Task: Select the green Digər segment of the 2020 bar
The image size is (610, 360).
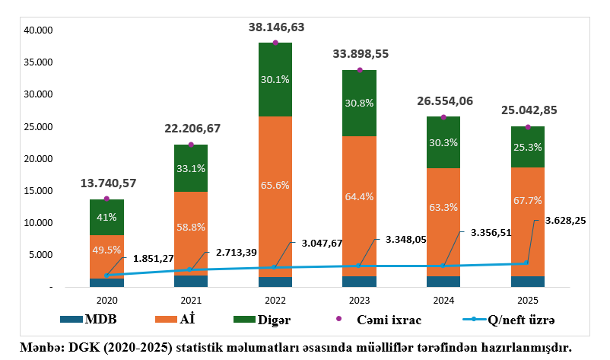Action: click(x=106, y=217)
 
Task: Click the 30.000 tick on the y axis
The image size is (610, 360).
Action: click(x=37, y=94)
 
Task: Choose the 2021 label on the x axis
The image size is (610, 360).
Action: click(x=191, y=300)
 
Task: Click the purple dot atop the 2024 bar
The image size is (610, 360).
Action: click(x=443, y=117)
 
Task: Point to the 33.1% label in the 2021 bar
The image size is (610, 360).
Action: click(x=191, y=168)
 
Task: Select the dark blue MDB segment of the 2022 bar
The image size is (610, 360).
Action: click(x=275, y=282)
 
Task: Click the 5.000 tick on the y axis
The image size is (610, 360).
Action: click(x=40, y=255)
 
